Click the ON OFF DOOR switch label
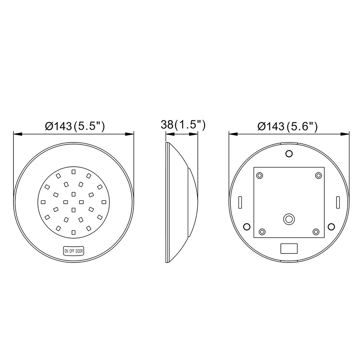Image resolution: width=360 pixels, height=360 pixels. (73, 251)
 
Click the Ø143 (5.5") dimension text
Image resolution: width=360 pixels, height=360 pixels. (75, 126)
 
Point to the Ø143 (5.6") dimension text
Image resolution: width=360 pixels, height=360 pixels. (288, 126)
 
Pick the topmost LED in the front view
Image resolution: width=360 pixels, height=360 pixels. (73, 172)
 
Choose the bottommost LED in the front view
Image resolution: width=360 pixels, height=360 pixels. (73, 232)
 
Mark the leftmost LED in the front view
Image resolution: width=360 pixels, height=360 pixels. (43, 202)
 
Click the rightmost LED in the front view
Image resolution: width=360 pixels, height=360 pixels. (104, 202)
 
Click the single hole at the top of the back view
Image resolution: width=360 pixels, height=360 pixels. (289, 154)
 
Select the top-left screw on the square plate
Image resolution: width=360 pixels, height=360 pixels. (260, 175)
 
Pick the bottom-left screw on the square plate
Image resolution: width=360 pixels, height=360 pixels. (262, 231)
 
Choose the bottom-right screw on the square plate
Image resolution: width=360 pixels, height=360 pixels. (316, 231)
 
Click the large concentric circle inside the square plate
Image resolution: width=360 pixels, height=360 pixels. (289, 219)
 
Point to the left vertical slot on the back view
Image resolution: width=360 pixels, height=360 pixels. (240, 202)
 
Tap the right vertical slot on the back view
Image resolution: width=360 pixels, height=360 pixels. (337, 202)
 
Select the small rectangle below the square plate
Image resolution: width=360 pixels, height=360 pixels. (289, 248)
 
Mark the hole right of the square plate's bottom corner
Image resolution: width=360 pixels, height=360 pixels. (331, 225)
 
